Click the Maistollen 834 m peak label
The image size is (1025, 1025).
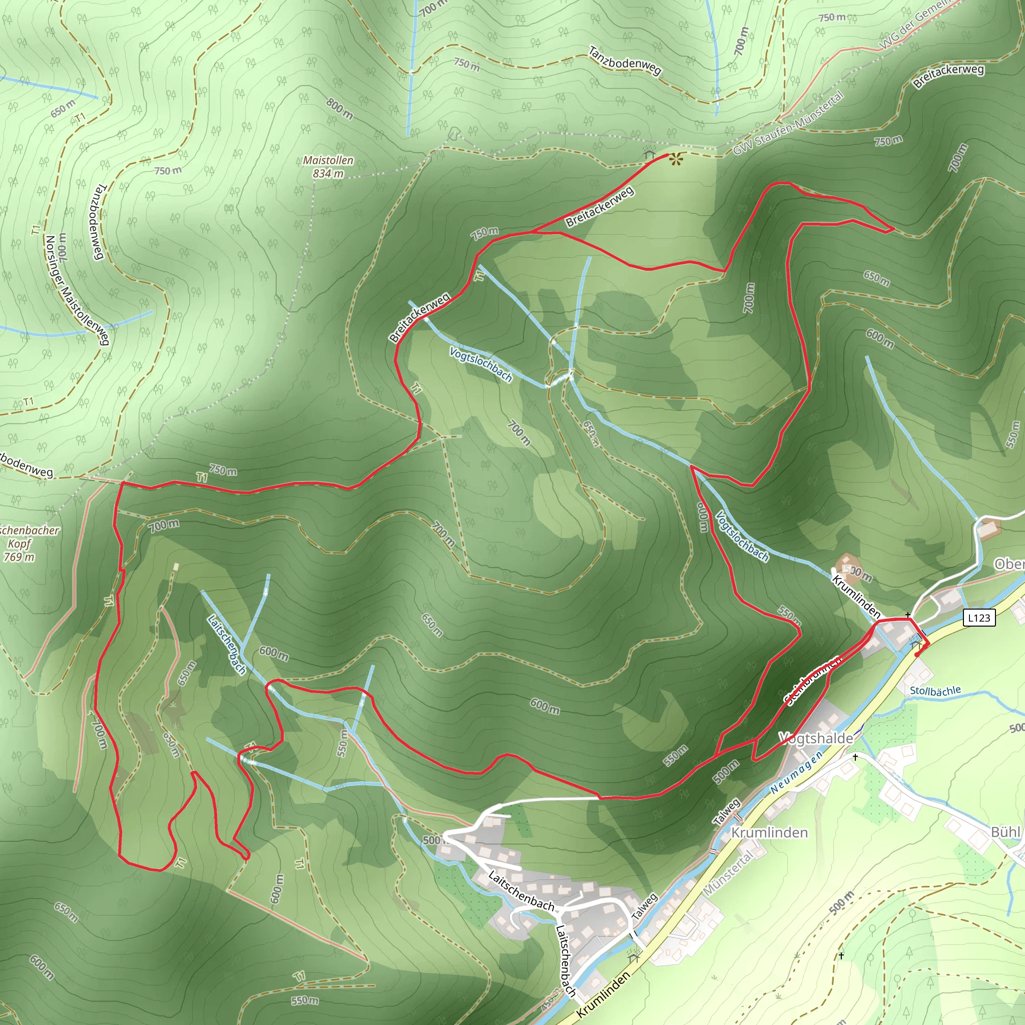[x=328, y=167]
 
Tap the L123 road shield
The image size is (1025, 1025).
[x=979, y=618]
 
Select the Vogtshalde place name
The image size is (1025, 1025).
[x=816, y=738]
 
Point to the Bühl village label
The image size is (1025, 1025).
[x=1005, y=832]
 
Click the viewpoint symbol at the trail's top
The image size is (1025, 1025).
[x=675, y=159]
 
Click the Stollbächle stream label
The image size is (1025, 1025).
[x=935, y=691]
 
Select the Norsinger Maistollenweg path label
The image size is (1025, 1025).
[x=77, y=290]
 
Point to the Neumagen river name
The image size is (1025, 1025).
[x=796, y=772]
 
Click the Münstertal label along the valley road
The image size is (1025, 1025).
[x=728, y=873]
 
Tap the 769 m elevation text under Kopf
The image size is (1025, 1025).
[x=19, y=557]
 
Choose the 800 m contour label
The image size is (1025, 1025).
[x=339, y=109]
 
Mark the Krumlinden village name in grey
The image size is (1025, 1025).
[x=769, y=832]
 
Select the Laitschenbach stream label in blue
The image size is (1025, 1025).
[x=227, y=644]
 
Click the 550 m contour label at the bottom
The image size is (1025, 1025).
[x=305, y=1000]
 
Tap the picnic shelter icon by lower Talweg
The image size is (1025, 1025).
[x=633, y=955]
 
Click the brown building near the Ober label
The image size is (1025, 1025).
[x=990, y=528]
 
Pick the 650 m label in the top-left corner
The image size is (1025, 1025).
[x=64, y=109]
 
